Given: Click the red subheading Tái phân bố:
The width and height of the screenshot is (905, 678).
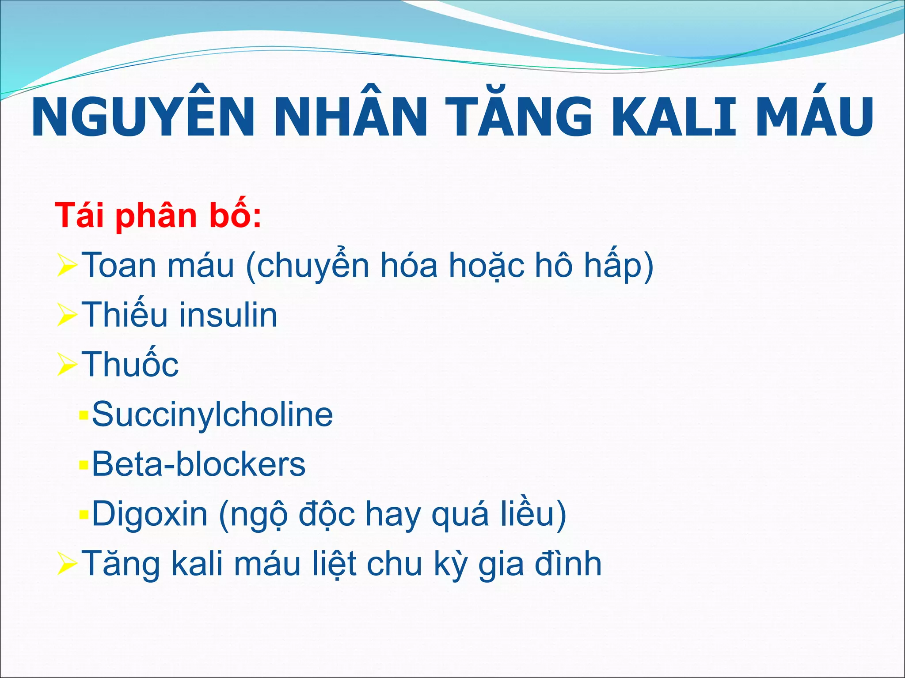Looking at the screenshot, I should pyautogui.click(x=158, y=216).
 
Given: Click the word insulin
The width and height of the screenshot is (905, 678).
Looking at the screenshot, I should pyautogui.click(x=228, y=315).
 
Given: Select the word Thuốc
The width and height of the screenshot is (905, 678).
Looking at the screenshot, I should pyautogui.click(x=130, y=364).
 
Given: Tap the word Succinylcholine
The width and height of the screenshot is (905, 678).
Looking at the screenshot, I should pyautogui.click(x=212, y=414).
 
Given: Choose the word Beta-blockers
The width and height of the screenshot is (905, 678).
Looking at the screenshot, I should pyautogui.click(x=198, y=464).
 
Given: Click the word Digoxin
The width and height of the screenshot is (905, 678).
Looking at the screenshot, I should pyautogui.click(x=149, y=514).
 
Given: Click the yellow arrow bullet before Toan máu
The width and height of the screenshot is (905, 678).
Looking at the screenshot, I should pyautogui.click(x=67, y=266).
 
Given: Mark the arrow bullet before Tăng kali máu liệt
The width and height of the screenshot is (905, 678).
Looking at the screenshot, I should pyautogui.click(x=67, y=565).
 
